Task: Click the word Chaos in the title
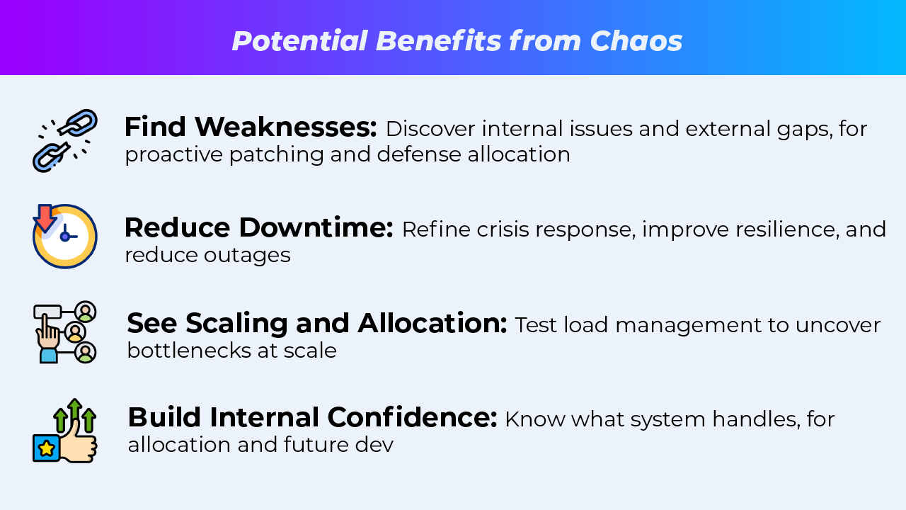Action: click(636, 41)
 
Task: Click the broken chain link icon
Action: click(65, 140)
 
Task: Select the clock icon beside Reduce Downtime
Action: click(65, 237)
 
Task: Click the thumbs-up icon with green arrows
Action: click(65, 431)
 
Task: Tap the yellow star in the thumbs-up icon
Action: click(47, 448)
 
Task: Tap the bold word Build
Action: click(164, 418)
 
